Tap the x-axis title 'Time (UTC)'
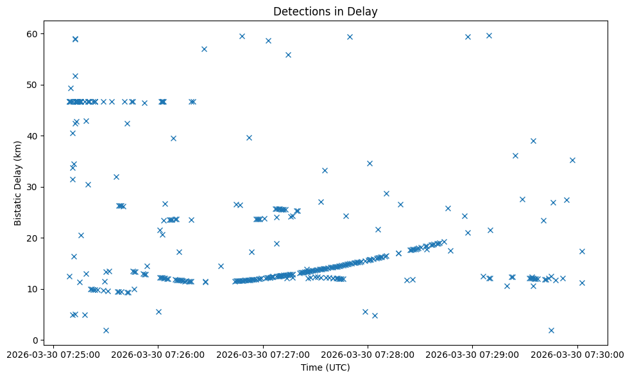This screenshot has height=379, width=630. pyautogui.click(x=325, y=367)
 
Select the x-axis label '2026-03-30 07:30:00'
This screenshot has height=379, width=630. pyautogui.click(x=577, y=354)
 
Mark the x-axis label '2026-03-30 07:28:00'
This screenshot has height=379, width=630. pyautogui.click(x=368, y=354)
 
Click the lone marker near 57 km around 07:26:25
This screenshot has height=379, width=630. pyautogui.click(x=204, y=49)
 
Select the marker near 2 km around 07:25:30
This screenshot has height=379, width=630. pyautogui.click(x=106, y=330)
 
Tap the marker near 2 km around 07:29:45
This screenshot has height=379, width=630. pyautogui.click(x=551, y=330)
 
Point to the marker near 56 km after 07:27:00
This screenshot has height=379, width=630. pyautogui.click(x=288, y=55)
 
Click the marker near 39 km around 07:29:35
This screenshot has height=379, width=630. pyautogui.click(x=533, y=141)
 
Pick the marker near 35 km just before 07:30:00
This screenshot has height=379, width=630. pyautogui.click(x=572, y=160)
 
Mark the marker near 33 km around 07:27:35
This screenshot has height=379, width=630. pyautogui.click(x=325, y=170)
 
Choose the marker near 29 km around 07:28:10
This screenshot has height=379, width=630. pyautogui.click(x=386, y=193)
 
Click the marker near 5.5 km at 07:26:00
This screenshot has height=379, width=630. pyautogui.click(x=158, y=312)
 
